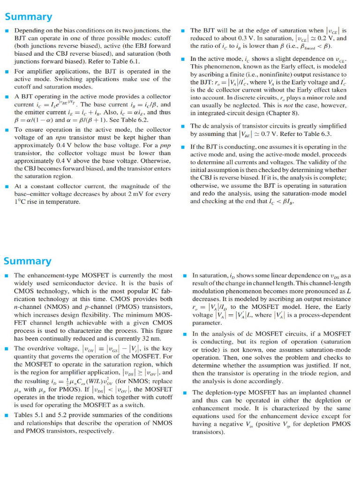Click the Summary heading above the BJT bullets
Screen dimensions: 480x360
[28, 17]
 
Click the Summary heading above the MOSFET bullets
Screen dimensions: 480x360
[28, 261]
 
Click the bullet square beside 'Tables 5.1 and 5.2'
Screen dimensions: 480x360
[7, 415]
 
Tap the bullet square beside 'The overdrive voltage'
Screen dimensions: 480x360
[7, 348]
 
